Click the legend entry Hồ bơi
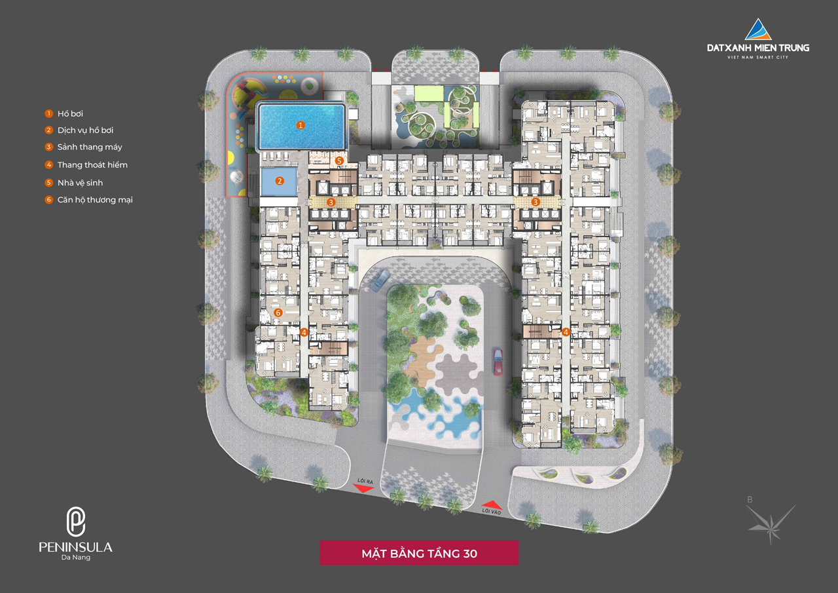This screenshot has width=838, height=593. tap(64, 113)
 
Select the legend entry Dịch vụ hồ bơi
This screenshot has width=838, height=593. tap(79, 130)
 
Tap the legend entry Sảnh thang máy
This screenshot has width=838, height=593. tap(83, 147)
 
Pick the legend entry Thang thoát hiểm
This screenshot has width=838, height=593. tap(86, 164)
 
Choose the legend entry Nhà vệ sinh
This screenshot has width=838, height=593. tap(74, 183)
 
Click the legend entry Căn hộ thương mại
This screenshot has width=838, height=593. tap(88, 200)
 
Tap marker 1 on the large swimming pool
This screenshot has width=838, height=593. tap(301, 125)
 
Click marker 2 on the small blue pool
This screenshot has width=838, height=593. tap(280, 182)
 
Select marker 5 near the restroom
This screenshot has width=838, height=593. tap(339, 161)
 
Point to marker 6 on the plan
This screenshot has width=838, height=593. tap(278, 313)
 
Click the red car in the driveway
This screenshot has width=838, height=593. tap(498, 362)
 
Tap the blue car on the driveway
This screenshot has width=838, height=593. tap(380, 281)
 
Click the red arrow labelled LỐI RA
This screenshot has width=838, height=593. tap(363, 488)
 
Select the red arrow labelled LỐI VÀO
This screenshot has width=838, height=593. tap(492, 505)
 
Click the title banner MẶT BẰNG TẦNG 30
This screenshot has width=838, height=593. tap(420, 553)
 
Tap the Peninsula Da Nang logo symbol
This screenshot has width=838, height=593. tap(75, 522)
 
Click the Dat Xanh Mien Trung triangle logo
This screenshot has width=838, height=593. tap(758, 29)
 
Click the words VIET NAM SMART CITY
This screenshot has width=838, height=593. tap(757, 57)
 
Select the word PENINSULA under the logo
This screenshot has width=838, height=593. tap(75, 547)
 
